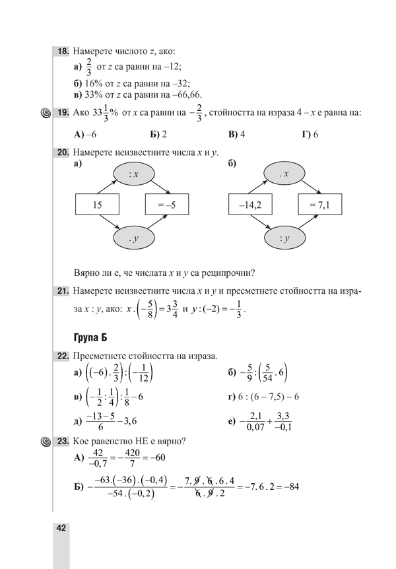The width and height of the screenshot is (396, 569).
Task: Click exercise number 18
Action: click(63, 50)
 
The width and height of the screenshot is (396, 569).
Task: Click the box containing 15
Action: click(97, 205)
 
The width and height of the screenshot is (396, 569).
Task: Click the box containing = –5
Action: click(167, 205)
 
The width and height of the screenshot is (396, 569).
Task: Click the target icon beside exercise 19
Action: click(45, 113)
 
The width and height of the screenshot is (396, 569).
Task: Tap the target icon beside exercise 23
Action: click(45, 442)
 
